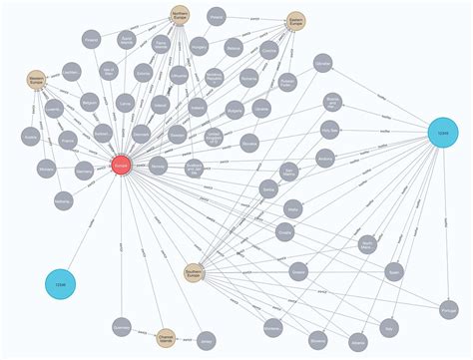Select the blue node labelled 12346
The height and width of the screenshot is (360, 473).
pos(61,286)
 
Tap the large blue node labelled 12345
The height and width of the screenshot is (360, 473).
pos(444,133)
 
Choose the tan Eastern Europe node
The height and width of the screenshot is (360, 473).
pos(296,22)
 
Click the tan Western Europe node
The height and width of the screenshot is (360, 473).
pos(37,80)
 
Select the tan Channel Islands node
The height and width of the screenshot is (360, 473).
pos(166,338)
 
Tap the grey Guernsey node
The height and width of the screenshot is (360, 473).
pos(122,327)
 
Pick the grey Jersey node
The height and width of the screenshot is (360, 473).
pos(207,340)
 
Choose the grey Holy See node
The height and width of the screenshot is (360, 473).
pos(330,130)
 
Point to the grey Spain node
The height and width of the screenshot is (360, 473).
pos(394,271)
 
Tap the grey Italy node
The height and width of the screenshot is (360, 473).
pos(389,326)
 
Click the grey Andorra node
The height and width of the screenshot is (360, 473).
pos(324,158)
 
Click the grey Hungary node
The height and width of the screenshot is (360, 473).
pos(199,47)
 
